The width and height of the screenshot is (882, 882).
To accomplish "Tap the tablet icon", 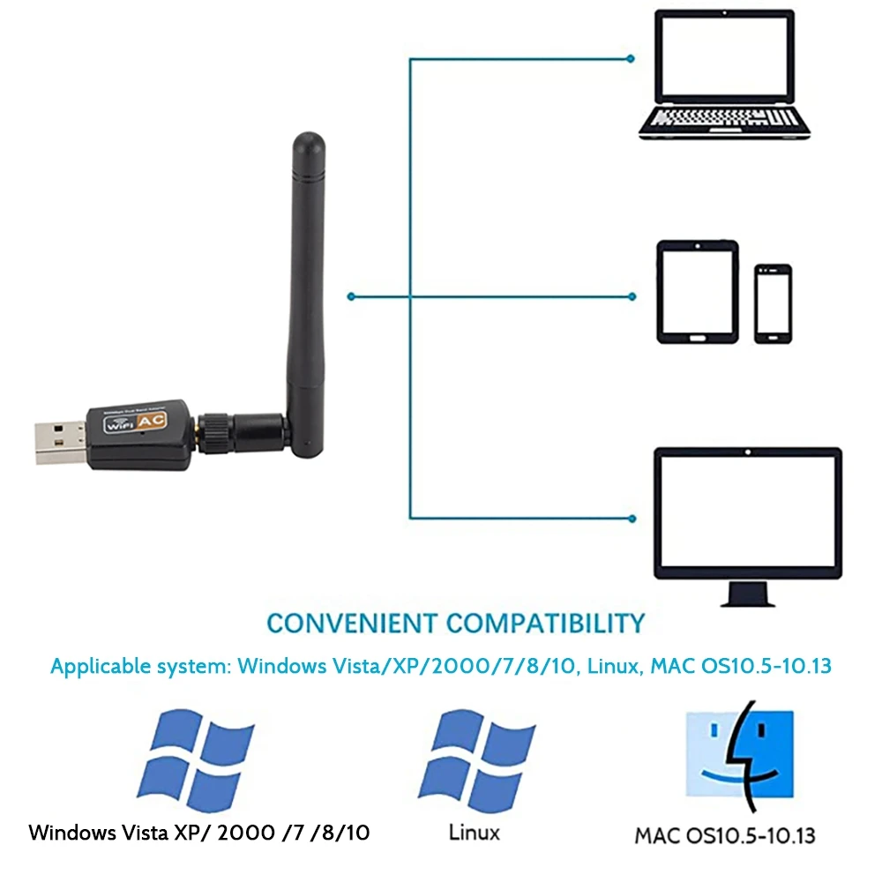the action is point(697,292).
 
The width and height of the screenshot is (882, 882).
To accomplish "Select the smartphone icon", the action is point(773,303).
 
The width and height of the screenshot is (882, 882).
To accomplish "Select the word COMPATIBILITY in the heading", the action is point(545,623).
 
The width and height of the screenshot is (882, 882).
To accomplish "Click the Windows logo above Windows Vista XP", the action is point(198,756).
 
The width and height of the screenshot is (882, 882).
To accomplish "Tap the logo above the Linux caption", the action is point(477,756).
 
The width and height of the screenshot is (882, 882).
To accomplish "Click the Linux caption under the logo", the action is point(474,832).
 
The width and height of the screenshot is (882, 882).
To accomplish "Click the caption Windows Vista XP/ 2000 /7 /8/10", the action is point(199,833).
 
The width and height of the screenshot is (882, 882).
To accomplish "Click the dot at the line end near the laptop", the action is point(630,58).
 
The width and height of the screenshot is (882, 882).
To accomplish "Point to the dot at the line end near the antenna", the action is point(351,296).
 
